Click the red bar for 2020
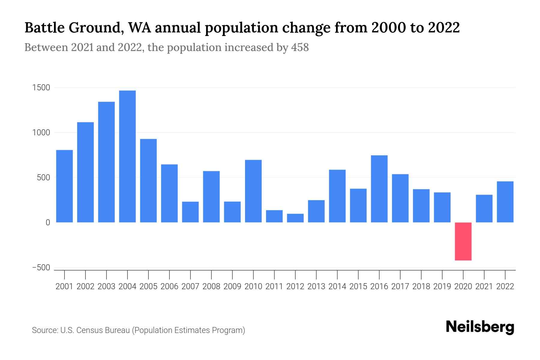click(463, 241)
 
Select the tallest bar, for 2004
click(127, 156)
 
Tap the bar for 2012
click(295, 218)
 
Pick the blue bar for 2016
click(379, 189)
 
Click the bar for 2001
click(64, 186)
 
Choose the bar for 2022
click(505, 202)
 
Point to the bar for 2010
click(253, 191)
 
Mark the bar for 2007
click(190, 212)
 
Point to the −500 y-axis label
click(41, 268)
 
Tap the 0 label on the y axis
click(48, 223)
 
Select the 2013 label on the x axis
click(316, 286)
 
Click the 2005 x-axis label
click(148, 286)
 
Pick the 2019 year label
click(442, 286)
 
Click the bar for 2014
click(337, 196)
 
